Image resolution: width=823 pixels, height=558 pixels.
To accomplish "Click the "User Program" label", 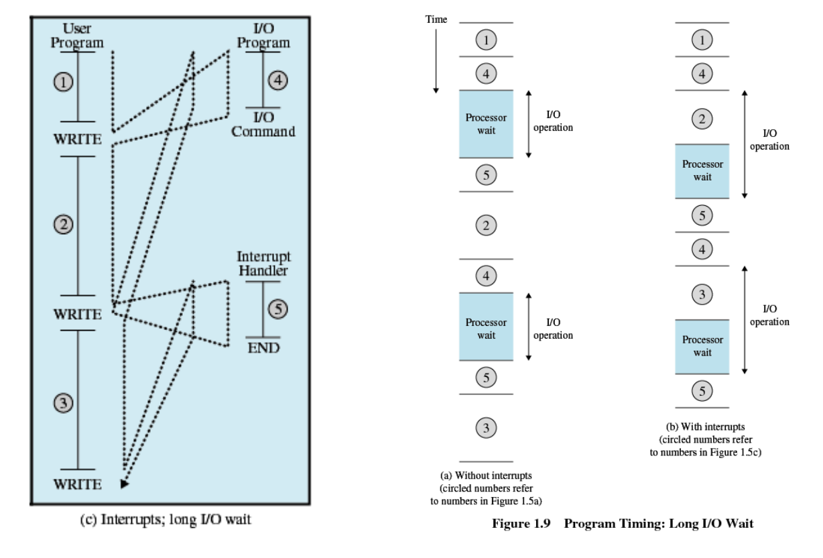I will [78, 36].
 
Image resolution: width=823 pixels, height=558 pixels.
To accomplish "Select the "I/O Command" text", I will [263, 125].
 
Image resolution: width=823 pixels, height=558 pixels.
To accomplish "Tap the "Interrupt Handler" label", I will [264, 264].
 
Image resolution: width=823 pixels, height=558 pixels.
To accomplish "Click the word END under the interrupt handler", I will [263, 347].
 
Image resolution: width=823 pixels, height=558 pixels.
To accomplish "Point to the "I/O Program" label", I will [263, 36].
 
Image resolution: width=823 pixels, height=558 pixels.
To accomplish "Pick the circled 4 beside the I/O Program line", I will [277, 80].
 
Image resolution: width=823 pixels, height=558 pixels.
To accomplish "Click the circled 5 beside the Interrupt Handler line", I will [277, 309].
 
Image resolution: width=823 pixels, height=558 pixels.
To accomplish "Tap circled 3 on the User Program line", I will [63, 402].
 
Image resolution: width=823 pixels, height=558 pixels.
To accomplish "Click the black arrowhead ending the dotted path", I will [124, 482].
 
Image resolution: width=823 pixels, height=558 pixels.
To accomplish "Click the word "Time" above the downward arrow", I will [436, 19].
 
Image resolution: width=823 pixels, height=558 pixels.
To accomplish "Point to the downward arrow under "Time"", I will [436, 60].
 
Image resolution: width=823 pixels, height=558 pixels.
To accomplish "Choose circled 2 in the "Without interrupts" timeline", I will [486, 225].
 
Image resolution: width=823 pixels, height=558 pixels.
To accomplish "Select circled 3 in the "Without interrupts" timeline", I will [486, 427].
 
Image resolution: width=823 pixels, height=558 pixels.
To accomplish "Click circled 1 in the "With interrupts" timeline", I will [702, 40].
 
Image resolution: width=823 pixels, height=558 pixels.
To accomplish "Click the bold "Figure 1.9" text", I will [521, 524].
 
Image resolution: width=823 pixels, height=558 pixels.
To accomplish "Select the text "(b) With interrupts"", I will [705, 427].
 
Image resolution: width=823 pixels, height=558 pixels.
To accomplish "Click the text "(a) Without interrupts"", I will [486, 476].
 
